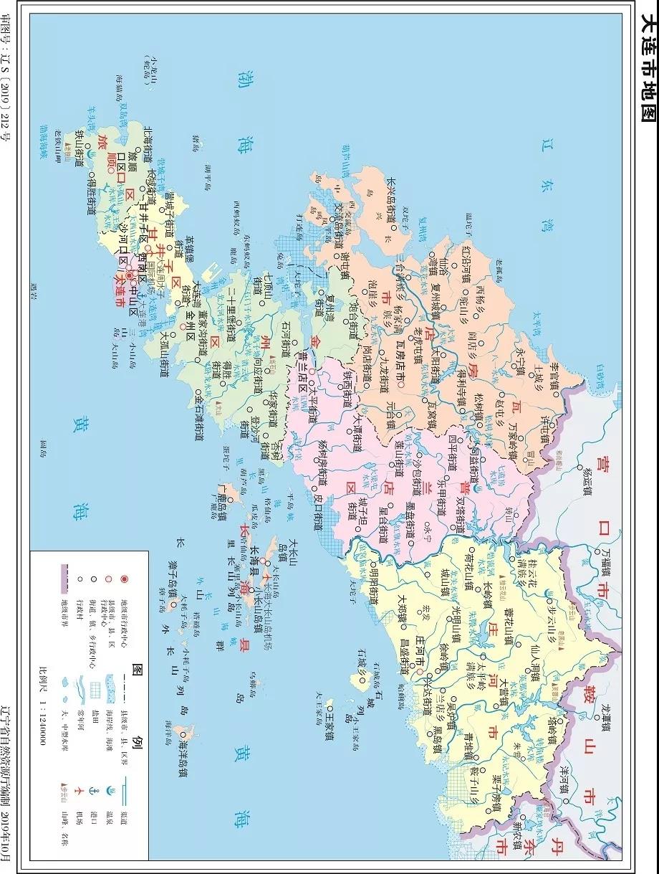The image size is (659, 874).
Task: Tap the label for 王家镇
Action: pyautogui.click(x=329, y=724)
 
